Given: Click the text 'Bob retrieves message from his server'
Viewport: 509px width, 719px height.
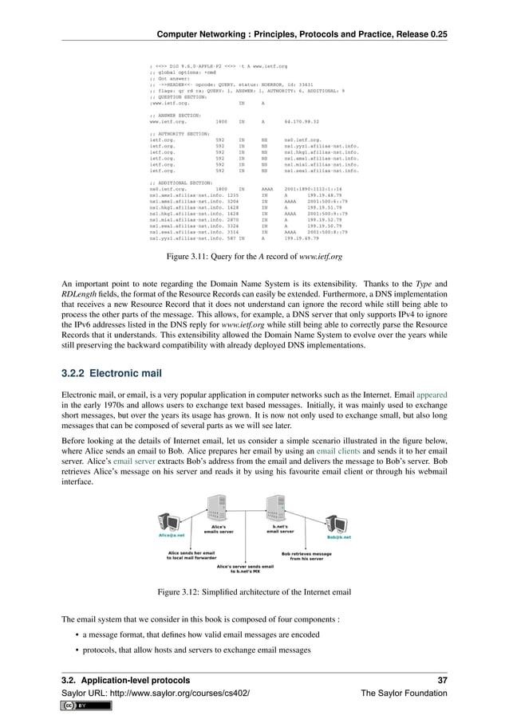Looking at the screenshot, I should pos(307,556).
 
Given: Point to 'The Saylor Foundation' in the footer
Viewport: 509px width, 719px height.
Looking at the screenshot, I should pos(404,693).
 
